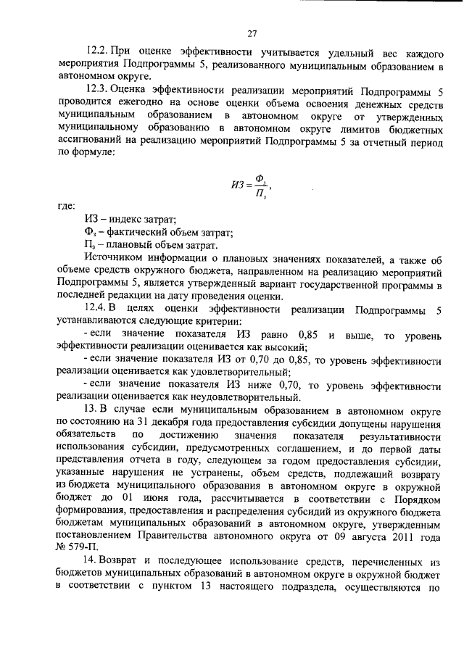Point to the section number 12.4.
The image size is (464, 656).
(x=97, y=310)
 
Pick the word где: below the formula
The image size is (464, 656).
(x=67, y=207)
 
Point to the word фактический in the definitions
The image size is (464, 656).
(x=128, y=232)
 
